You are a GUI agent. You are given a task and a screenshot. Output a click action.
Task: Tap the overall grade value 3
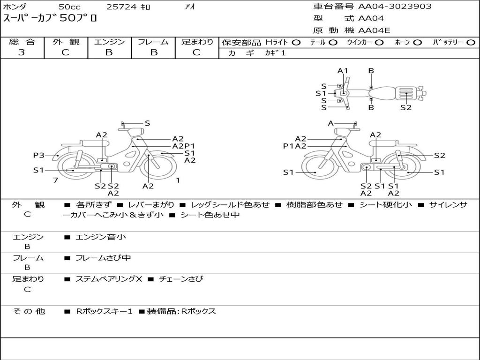[x=22, y=52]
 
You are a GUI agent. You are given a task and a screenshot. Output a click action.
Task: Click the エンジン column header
[x=109, y=42]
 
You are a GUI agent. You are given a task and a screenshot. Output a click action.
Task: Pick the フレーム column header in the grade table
[x=153, y=42]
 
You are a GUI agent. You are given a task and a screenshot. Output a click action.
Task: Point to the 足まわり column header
[x=197, y=42]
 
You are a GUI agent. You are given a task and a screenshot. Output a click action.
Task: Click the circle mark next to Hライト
[x=296, y=43]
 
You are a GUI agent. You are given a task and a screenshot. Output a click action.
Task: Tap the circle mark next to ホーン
[x=417, y=43]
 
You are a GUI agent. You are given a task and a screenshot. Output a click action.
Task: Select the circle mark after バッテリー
[x=471, y=43]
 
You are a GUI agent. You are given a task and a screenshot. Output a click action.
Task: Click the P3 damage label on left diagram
[x=38, y=155]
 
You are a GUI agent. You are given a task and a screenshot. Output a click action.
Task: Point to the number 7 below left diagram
[x=55, y=180]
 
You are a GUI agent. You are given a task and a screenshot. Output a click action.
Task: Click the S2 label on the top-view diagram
[x=406, y=107]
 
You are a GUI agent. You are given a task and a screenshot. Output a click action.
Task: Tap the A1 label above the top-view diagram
[x=343, y=71]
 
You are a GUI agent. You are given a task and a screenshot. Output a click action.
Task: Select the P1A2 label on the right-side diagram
[x=295, y=146]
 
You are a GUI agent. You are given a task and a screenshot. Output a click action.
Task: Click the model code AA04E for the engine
[x=374, y=30]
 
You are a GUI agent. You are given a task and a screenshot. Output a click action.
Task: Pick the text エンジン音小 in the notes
[x=101, y=237]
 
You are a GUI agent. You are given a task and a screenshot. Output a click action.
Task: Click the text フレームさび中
[x=103, y=258]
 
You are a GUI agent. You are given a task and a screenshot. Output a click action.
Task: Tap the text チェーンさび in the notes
[x=181, y=279]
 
